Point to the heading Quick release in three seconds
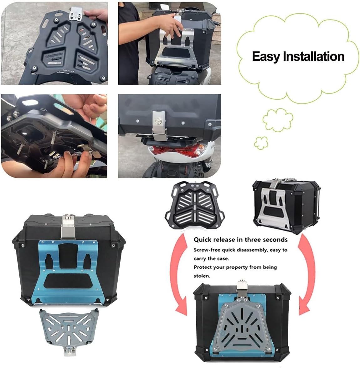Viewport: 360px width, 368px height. pos(240,240)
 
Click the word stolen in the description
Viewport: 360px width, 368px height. pos(202,276)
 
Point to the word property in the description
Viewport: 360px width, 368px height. pos(238,267)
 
